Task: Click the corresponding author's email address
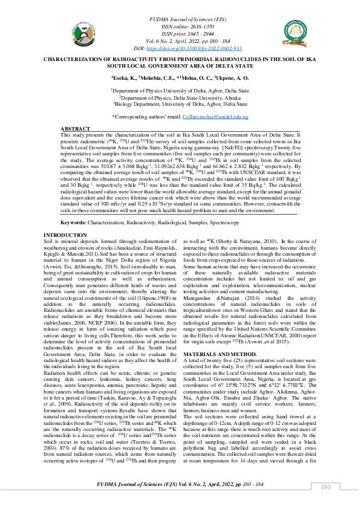(x=215, y=116)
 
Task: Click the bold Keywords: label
(x=73, y=223)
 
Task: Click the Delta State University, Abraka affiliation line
(x=179, y=96)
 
